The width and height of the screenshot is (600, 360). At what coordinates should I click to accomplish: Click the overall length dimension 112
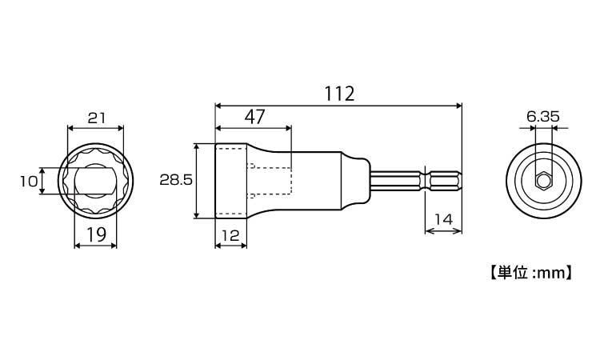339,94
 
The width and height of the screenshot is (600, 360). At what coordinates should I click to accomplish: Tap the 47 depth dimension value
255,117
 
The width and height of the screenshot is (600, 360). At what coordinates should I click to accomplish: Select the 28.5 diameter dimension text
176,180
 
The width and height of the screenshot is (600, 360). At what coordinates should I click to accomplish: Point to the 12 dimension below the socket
230,235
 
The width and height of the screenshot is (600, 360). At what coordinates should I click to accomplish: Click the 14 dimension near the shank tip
444,219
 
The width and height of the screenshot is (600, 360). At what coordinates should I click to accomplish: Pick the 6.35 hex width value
543,116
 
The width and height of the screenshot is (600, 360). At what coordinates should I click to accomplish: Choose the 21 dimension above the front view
97,118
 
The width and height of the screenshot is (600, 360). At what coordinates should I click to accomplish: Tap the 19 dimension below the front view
96,234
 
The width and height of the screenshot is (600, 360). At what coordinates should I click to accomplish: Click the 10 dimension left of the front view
29,181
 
